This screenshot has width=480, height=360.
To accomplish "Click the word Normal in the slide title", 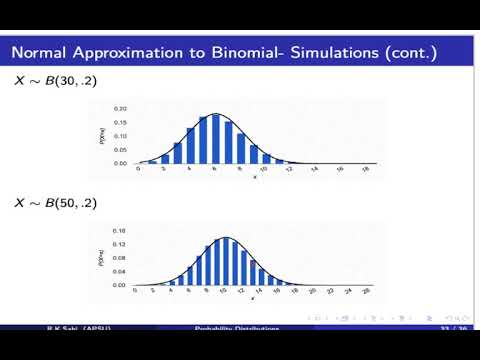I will [42, 51].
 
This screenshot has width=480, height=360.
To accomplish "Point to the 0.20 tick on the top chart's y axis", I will [120, 108].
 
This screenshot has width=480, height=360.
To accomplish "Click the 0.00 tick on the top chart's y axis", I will [120, 163].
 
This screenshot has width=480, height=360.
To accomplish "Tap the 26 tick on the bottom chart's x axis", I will [368, 292].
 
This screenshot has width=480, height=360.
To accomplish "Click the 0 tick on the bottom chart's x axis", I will [139, 292].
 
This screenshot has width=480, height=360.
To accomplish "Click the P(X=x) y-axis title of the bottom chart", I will [100, 260].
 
